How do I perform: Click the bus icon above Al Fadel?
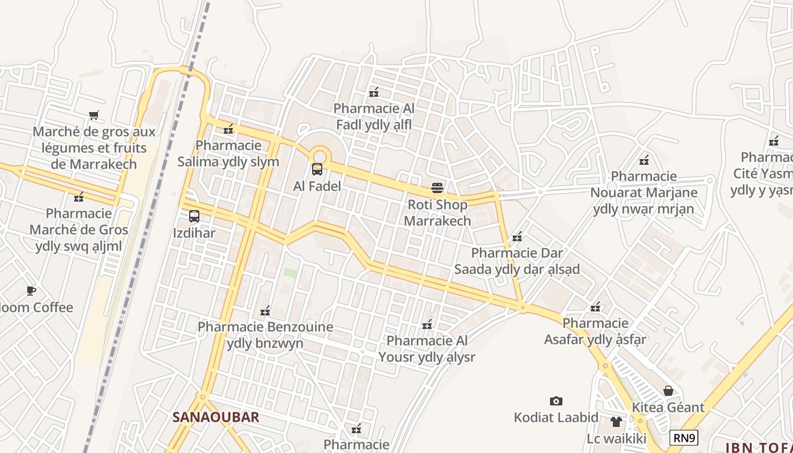pyautogui.click(x=317, y=169)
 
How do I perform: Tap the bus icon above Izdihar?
pyautogui.click(x=194, y=216)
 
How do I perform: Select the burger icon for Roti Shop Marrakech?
pyautogui.click(x=437, y=187)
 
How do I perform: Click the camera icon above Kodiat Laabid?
pyautogui.click(x=556, y=401)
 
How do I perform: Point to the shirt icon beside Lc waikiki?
pyautogui.click(x=616, y=422)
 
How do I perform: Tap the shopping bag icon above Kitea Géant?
pyautogui.click(x=668, y=391)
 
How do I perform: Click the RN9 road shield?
pyautogui.click(x=684, y=438)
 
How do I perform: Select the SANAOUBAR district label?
pyautogui.click(x=216, y=417)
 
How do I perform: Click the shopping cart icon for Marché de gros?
pyautogui.click(x=94, y=116)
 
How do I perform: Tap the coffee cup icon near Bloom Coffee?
pyautogui.click(x=31, y=291)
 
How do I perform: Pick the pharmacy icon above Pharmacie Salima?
pyautogui.click(x=228, y=129)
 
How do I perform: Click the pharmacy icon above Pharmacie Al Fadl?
pyautogui.click(x=374, y=92)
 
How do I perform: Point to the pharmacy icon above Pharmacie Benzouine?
pyautogui.click(x=265, y=310)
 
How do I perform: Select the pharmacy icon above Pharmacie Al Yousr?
pyautogui.click(x=428, y=324)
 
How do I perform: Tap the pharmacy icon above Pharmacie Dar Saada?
pyautogui.click(x=517, y=237)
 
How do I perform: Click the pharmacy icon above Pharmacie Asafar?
pyautogui.click(x=595, y=307)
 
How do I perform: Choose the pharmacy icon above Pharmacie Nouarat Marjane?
pyautogui.click(x=643, y=160)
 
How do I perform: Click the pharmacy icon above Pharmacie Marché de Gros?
pyautogui.click(x=79, y=197)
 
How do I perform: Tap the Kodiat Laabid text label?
pyautogui.click(x=556, y=418)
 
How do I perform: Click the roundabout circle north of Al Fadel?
pyautogui.click(x=320, y=155)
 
